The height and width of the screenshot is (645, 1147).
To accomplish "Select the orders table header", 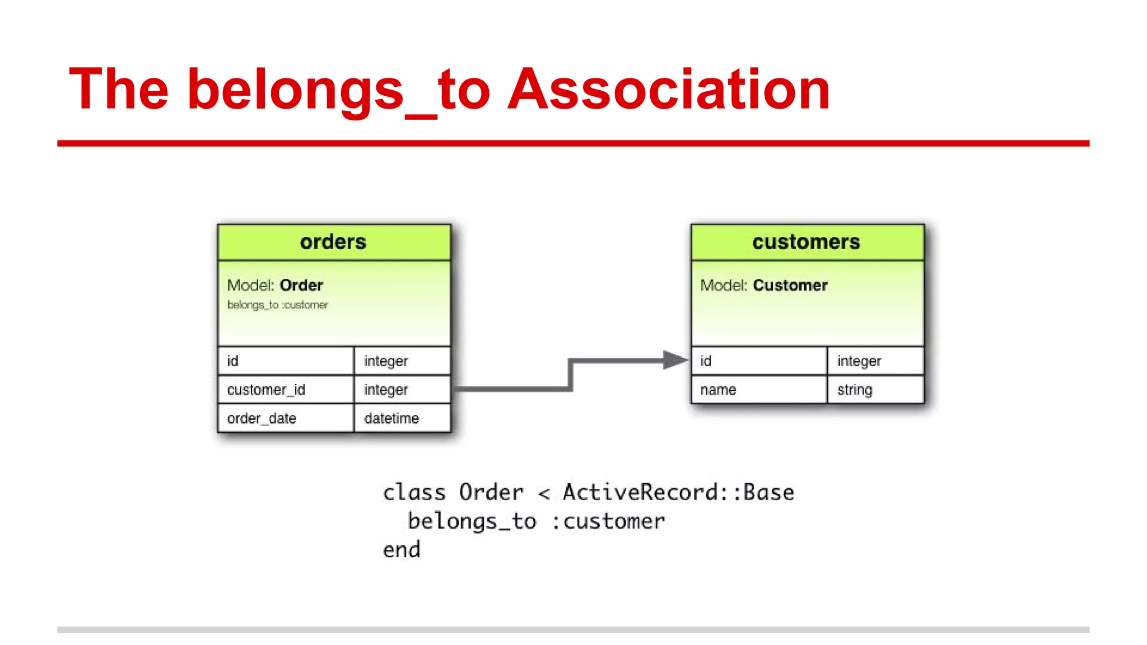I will tap(334, 242).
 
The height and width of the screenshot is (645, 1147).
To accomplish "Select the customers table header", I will tap(806, 242).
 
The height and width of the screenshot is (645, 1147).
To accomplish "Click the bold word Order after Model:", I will tap(301, 285).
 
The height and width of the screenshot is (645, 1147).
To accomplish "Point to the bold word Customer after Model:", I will tap(790, 285).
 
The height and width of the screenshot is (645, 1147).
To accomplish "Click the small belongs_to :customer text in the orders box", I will tap(277, 305).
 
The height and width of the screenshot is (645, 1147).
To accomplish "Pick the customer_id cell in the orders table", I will tap(267, 389).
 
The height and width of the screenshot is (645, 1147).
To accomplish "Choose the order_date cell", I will tap(262, 418).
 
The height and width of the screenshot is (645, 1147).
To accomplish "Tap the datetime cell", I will tap(391, 418).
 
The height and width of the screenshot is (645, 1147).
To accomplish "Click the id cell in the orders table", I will tap(233, 361).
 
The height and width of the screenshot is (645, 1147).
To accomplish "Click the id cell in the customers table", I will tap(706, 361).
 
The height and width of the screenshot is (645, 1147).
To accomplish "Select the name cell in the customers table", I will tap(718, 389).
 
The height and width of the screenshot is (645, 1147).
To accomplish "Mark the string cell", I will tap(855, 389).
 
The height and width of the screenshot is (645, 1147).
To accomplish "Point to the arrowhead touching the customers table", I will tap(675, 360).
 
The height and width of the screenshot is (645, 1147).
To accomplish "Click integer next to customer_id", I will tap(386, 389).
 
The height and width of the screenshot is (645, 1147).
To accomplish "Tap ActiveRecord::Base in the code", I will tap(678, 492).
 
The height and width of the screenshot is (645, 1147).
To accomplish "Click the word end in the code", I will tap(402, 550).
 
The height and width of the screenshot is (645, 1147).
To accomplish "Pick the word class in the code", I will tap(414, 492).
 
